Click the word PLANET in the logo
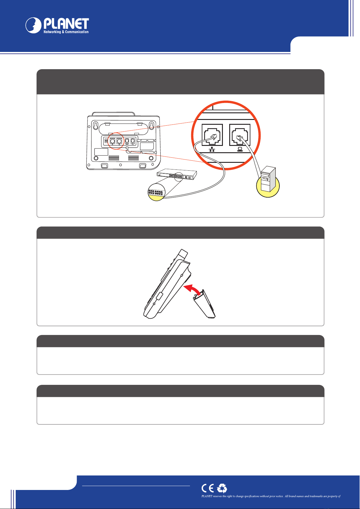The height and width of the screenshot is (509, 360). pyautogui.click(x=66, y=24)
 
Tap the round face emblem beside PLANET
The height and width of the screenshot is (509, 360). pyautogui.click(x=33, y=25)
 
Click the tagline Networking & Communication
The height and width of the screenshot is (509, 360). pyautogui.click(x=66, y=32)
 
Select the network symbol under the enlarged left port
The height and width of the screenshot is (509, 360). pyautogui.click(x=212, y=149)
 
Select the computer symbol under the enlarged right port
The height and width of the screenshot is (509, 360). pyautogui.click(x=240, y=149)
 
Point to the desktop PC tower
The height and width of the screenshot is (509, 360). pyautogui.click(x=268, y=179)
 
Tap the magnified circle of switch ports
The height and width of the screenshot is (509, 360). pyautogui.click(x=156, y=192)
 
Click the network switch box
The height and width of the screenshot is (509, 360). pyautogui.click(x=177, y=174)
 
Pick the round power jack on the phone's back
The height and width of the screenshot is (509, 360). pyautogui.click(x=106, y=141)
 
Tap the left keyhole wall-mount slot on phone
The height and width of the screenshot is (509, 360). pyautogui.click(x=96, y=126)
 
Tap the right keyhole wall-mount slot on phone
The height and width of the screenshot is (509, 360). pyautogui.click(x=151, y=126)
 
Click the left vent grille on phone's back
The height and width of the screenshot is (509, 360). pyautogui.click(x=114, y=158)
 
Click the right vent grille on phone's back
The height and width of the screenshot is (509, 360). pyautogui.click(x=133, y=158)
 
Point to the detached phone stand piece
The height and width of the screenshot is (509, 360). pyautogui.click(x=204, y=304)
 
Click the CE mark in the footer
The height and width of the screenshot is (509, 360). pyautogui.click(x=207, y=488)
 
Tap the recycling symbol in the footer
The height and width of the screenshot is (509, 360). pyautogui.click(x=222, y=488)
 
